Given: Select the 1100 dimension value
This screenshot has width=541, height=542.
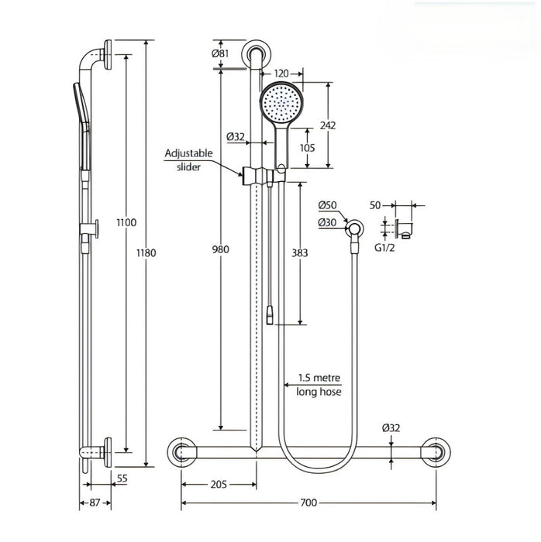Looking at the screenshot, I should tap(126, 222).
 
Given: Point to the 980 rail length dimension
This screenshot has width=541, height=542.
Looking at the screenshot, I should tap(221, 249).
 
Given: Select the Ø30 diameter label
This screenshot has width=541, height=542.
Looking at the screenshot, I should tap(328, 223).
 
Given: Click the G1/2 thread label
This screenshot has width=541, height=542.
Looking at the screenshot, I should tap(385, 249).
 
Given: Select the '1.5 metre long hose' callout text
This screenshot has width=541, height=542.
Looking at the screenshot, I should tap(320, 386).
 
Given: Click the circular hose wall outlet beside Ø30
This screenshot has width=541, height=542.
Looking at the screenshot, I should tap(355, 227).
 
